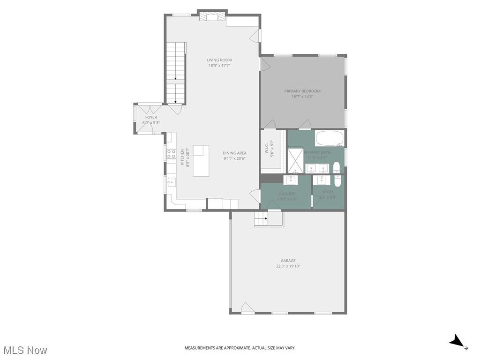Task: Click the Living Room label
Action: click(x=219, y=60)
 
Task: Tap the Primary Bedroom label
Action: click(x=302, y=91)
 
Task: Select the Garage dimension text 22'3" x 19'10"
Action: click(x=288, y=266)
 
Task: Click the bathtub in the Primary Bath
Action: click(x=330, y=138)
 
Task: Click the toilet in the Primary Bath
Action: click(x=337, y=168)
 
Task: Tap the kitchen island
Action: click(x=201, y=160)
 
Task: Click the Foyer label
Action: click(x=151, y=117)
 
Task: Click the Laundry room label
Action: click(x=287, y=194)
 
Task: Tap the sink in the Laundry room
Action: click(x=291, y=180)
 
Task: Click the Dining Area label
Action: click(x=234, y=153)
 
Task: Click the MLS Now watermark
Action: click(x=25, y=350)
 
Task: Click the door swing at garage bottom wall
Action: click(x=247, y=307)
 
